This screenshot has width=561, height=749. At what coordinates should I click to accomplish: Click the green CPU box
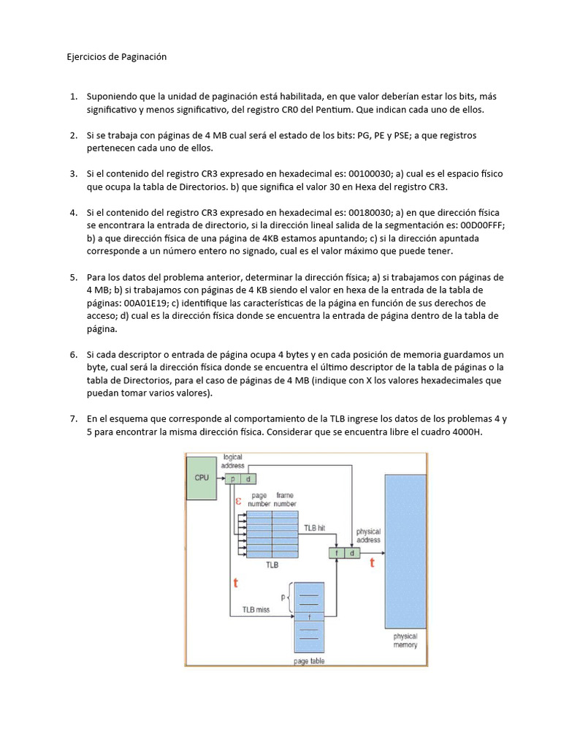click(x=201, y=478)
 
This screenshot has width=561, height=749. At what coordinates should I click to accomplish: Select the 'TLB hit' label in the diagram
click(x=315, y=527)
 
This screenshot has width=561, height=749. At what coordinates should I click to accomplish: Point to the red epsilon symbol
click(x=238, y=502)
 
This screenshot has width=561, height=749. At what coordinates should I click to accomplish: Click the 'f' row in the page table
click(x=309, y=616)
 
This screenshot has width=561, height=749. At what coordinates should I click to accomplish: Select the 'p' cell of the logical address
click(x=234, y=478)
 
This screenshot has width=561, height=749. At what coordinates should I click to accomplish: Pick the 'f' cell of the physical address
click(x=337, y=553)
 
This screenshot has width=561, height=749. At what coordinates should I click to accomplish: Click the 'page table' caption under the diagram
click(x=309, y=660)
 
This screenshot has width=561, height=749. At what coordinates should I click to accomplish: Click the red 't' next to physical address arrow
click(x=372, y=562)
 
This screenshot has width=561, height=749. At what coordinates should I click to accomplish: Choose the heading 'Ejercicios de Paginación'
click(x=118, y=57)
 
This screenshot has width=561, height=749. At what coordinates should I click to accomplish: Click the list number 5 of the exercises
click(x=73, y=277)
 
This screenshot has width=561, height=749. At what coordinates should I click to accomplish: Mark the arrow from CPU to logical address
click(x=219, y=478)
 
